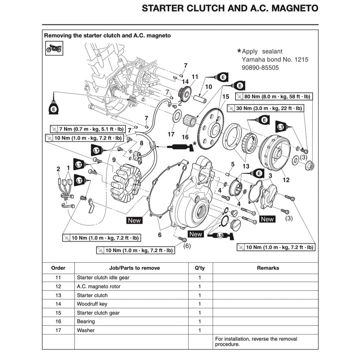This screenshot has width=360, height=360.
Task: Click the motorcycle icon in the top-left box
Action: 54,49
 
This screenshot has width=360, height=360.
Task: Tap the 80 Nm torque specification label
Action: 273,97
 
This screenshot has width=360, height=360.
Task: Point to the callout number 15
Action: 226,96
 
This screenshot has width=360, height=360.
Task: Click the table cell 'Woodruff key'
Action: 92,304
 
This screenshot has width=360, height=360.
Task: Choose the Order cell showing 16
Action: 58,321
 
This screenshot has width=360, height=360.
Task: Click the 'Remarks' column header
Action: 268,268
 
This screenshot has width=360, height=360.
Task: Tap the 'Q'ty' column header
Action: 200,268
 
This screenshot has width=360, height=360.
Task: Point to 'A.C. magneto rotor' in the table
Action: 99,286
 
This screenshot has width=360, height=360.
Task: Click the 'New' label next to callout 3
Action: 267,219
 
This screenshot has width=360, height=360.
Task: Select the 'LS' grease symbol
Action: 220,236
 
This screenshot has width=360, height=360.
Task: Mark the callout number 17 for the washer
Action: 171,134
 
